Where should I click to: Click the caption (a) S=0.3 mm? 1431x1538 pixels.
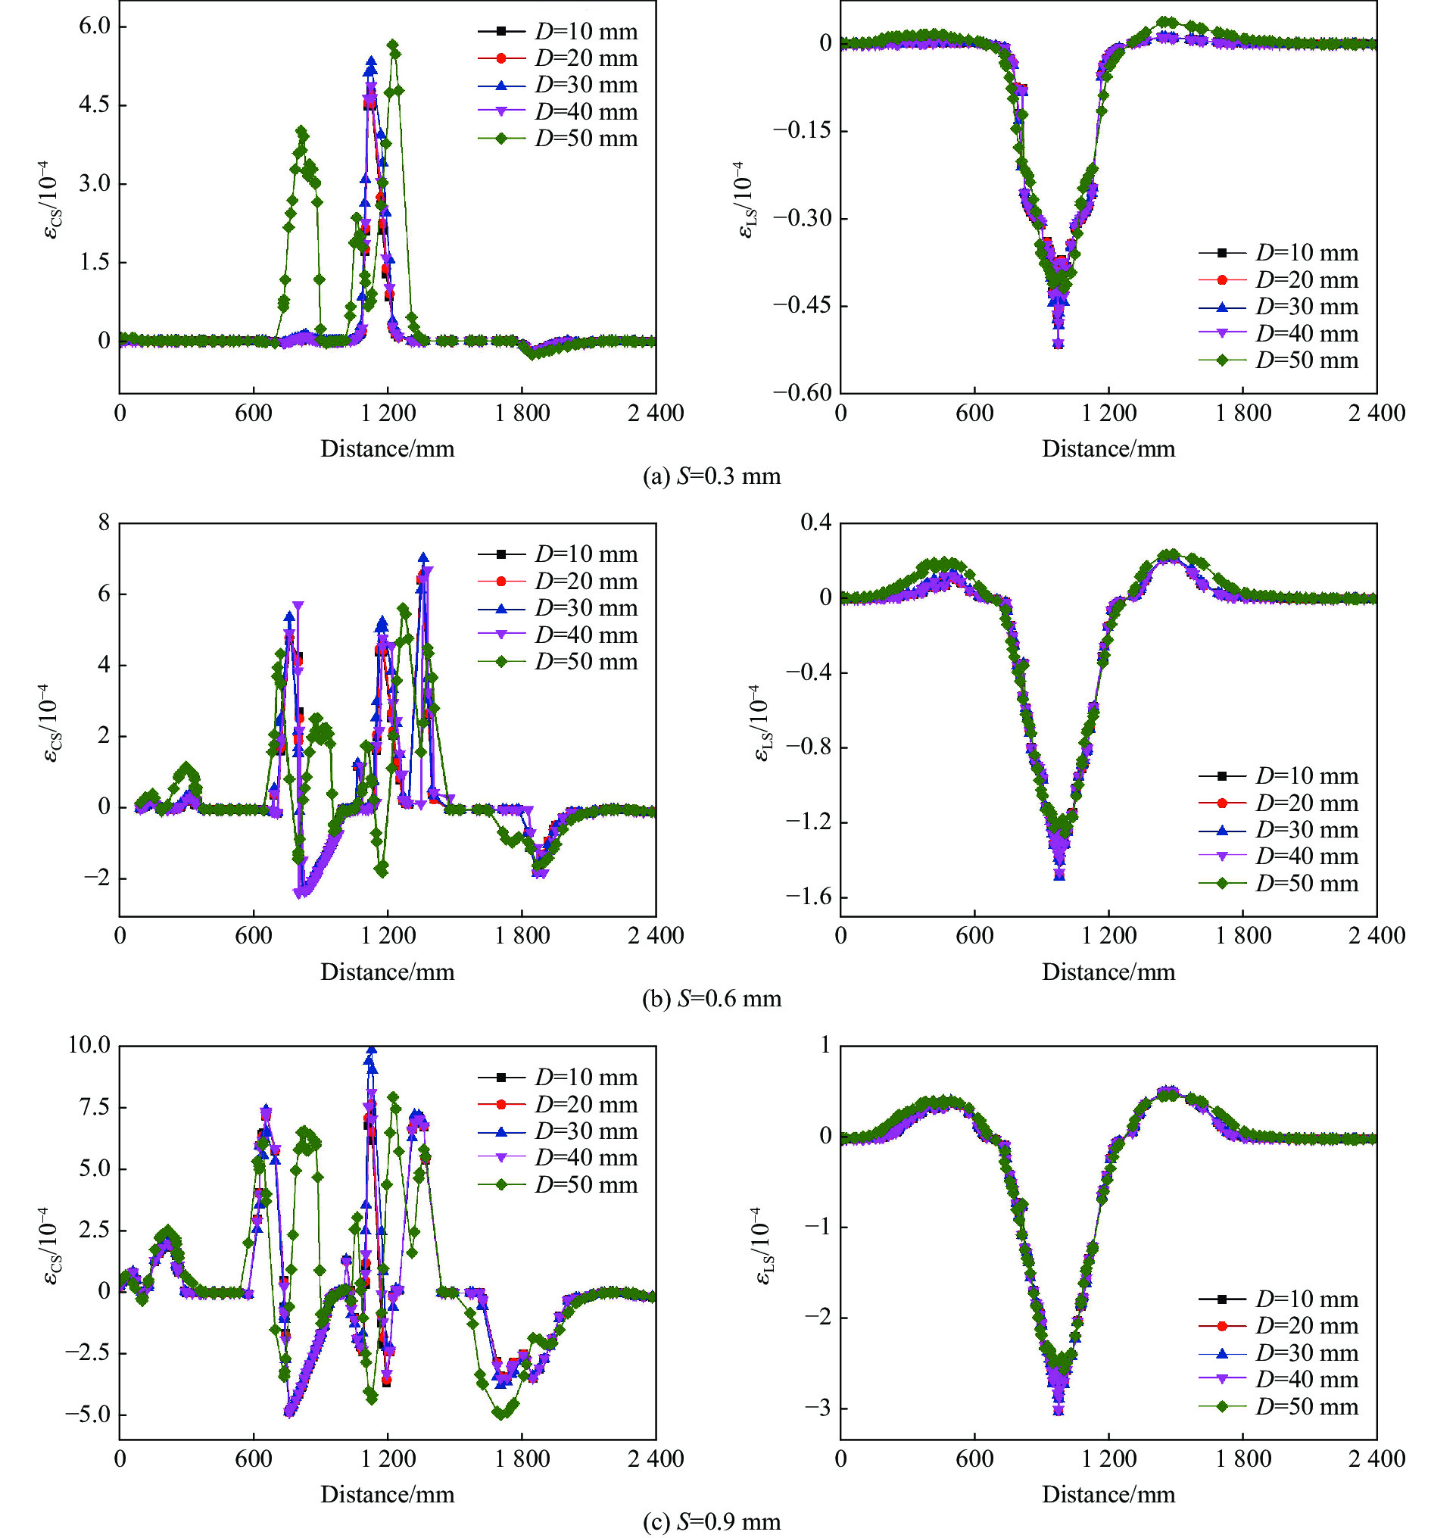coord(712,476)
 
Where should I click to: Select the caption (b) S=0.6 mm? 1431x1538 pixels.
coord(712,999)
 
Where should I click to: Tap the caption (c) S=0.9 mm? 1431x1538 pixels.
coord(712,1522)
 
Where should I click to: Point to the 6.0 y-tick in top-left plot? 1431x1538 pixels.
coord(94,26)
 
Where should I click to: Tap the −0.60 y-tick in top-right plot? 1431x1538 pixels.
coord(801,392)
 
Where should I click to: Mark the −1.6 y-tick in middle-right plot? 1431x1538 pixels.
coord(809,897)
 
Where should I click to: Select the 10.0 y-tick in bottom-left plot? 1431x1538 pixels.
coord(89,1045)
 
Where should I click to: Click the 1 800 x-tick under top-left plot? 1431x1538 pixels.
coord(522,413)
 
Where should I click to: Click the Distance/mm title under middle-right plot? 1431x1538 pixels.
coord(1108,972)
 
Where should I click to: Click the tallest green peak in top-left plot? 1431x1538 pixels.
coord(393,45)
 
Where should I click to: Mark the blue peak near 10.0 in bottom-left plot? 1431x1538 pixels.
coord(371,1050)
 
